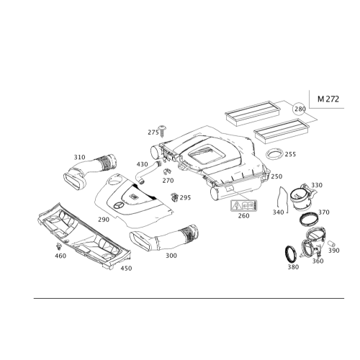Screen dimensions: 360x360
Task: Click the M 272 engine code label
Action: click(328, 99)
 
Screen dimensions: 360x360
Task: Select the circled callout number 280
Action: click(300, 109)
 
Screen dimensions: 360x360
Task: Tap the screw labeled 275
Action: click(162, 131)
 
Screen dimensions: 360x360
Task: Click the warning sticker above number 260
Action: click(244, 206)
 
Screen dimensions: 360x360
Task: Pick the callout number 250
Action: click(276, 176)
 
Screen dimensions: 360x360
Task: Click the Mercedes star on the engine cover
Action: click(119, 205)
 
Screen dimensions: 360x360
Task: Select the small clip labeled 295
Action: click(174, 197)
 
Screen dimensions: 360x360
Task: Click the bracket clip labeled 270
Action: click(166, 172)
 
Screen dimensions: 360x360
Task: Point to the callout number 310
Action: click(79, 157)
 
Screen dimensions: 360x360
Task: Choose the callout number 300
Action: click(171, 256)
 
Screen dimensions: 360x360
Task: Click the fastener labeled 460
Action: click(58, 246)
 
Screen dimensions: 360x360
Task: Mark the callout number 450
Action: click(126, 268)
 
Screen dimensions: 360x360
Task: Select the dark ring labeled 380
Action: click(291, 255)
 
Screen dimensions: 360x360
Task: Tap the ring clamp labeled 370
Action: click(310, 220)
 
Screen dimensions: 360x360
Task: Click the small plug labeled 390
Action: click(331, 243)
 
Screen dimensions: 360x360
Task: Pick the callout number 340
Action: click(278, 212)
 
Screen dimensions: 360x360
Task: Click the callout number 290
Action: click(104, 220)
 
